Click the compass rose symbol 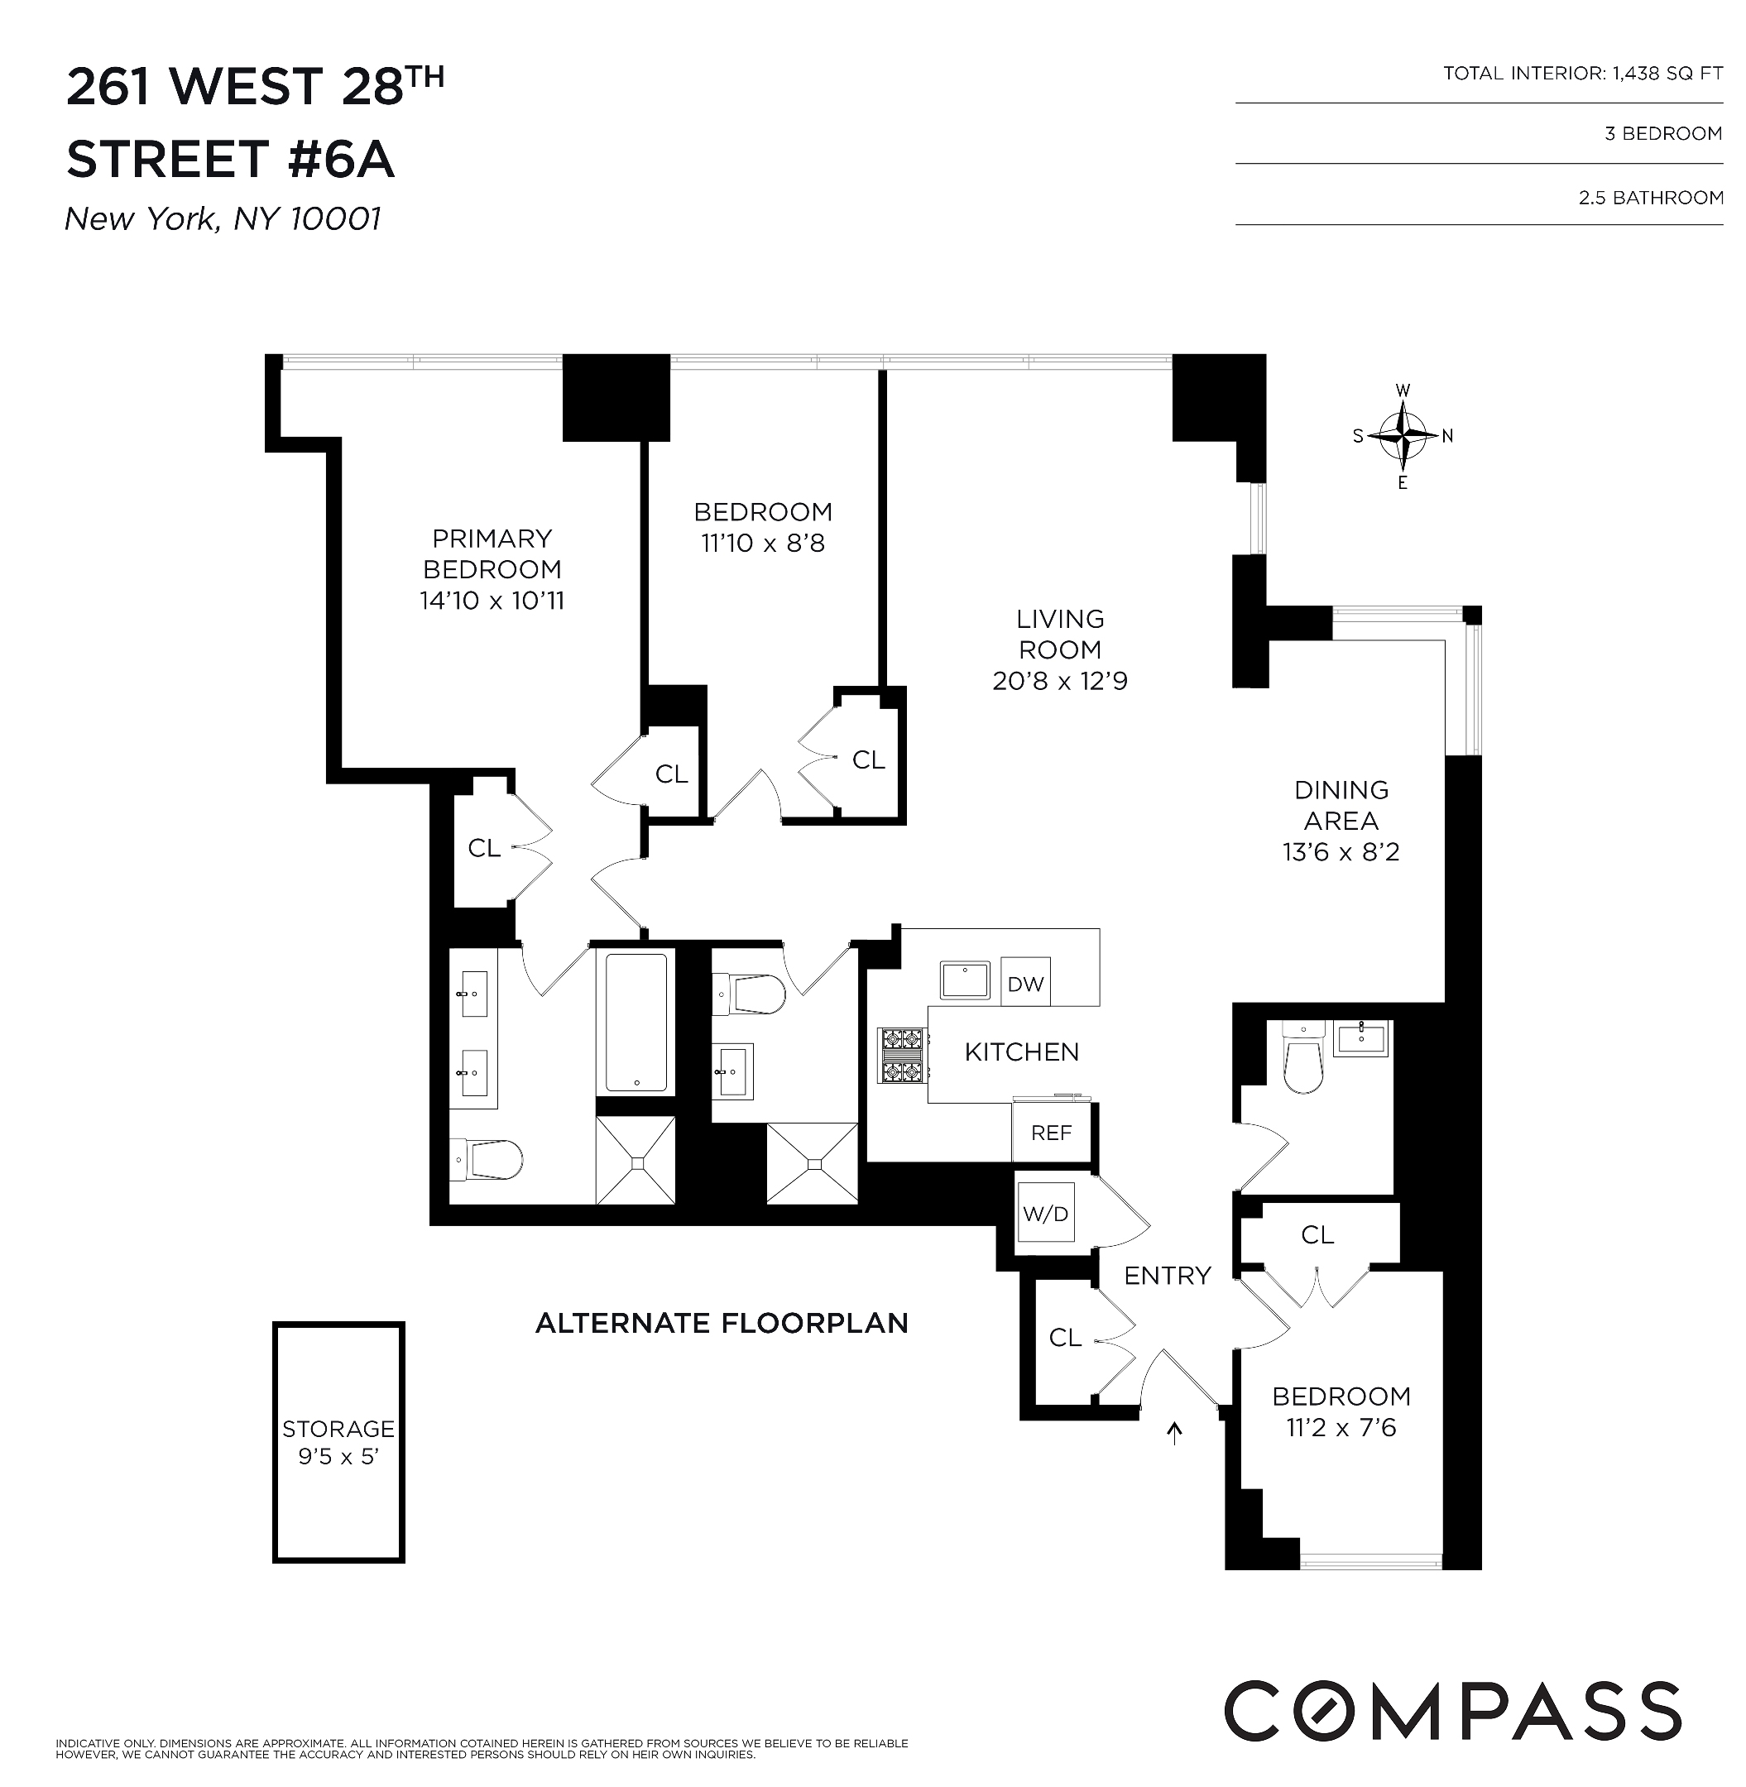click(x=1402, y=435)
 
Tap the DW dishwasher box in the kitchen click(x=1025, y=984)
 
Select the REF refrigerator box click(x=1051, y=1133)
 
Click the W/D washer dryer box click(x=1045, y=1214)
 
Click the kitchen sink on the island click(x=965, y=980)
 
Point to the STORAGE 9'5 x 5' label click(x=338, y=1441)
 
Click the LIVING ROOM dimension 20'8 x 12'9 click(x=1060, y=681)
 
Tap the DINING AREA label click(x=1341, y=805)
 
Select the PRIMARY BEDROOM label click(x=492, y=553)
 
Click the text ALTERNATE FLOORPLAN click(x=722, y=1323)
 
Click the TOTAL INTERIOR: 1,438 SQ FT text click(x=1583, y=74)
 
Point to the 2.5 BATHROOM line click(x=1650, y=197)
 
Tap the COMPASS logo click(x=1452, y=1711)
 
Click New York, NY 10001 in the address click(x=223, y=219)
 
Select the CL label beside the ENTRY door click(x=1065, y=1338)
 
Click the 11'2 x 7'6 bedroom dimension click(x=1341, y=1428)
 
